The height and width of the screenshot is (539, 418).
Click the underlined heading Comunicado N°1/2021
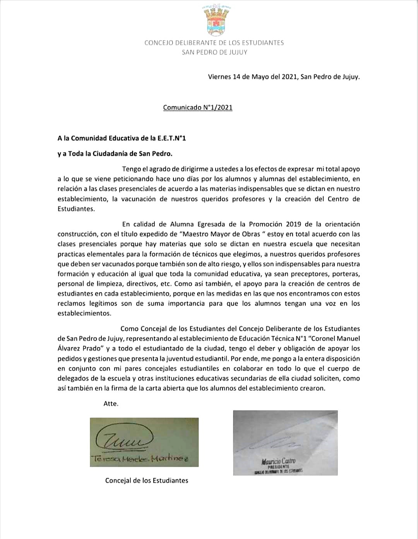pyautogui.click(x=198, y=107)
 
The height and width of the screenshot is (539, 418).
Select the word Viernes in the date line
pyautogui.click(x=219, y=77)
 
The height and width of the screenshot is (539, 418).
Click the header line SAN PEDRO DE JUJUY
pyautogui.click(x=214, y=52)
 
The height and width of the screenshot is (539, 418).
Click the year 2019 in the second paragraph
pyautogui.click(x=294, y=224)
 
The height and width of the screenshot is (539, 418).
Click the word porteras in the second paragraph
pyautogui.click(x=347, y=274)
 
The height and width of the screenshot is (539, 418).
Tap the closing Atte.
pyautogui.click(x=111, y=404)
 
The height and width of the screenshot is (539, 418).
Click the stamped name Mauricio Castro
pyautogui.click(x=278, y=461)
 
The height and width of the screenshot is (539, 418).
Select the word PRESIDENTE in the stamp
pyautogui.click(x=279, y=467)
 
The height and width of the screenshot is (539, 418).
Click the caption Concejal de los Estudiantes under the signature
pyautogui.click(x=147, y=481)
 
